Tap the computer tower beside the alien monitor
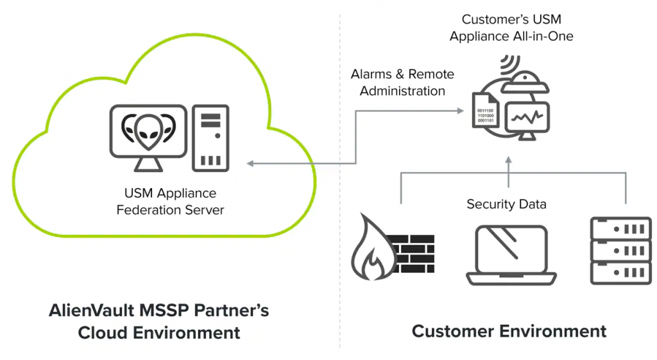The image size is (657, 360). click(210, 137)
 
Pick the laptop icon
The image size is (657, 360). click(511, 255)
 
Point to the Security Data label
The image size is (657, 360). click(506, 204)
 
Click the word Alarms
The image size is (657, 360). click(371, 74)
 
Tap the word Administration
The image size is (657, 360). click(402, 91)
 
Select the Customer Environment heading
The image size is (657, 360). click(509, 331)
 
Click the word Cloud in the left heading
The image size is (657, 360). click(103, 332)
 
